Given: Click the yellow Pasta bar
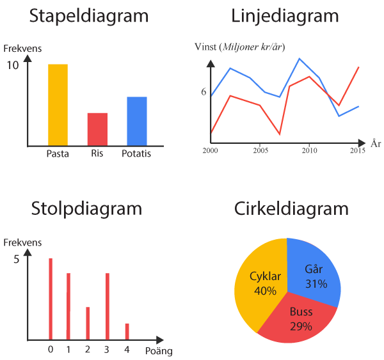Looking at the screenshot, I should (58, 105).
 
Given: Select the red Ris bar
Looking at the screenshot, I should (97, 129).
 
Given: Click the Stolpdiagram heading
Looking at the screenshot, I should (86, 208).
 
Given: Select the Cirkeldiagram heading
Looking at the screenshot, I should (291, 208).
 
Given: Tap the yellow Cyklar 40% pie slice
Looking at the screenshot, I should (259, 281).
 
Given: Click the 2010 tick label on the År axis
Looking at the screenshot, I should (309, 151).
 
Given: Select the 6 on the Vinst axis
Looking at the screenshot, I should (204, 92).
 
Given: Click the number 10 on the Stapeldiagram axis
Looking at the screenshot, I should (13, 65).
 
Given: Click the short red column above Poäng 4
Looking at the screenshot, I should (127, 331).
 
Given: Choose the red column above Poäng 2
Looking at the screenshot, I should (88, 323).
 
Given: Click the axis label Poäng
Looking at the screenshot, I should (158, 350).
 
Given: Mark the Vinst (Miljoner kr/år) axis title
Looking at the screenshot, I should (240, 47).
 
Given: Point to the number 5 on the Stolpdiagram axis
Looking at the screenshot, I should (16, 260).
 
